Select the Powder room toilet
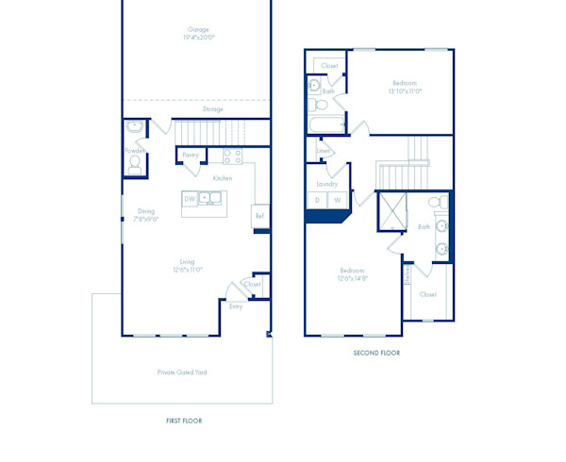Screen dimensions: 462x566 [x=134, y=164]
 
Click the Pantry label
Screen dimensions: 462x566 [x=191, y=154]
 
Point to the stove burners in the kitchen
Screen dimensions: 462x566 [x=232, y=156]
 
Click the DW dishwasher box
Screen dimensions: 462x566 [x=191, y=199]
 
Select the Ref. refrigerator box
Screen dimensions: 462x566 [x=260, y=216]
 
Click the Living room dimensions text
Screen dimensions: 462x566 [x=188, y=270]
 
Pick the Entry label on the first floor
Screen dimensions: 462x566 [x=236, y=305]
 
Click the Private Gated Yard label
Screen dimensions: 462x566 [x=182, y=372]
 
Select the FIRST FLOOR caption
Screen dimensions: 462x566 [x=183, y=421]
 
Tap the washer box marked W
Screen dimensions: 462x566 [x=337, y=200]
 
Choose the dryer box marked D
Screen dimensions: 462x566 [x=317, y=200]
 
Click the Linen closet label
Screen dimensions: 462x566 [x=323, y=151]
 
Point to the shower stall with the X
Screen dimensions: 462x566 [x=391, y=211]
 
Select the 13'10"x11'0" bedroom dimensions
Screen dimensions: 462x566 [x=405, y=91]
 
